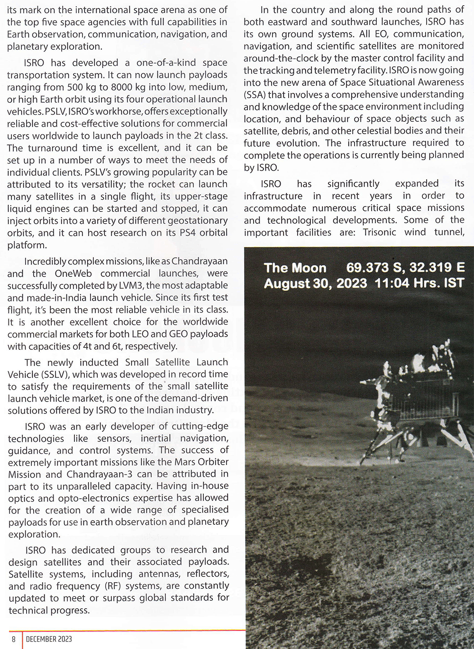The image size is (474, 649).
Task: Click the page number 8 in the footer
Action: (x=14, y=639)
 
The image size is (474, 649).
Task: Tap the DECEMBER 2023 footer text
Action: (x=49, y=639)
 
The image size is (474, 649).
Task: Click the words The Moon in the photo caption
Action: (x=295, y=268)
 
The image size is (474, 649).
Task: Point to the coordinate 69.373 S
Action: (x=372, y=267)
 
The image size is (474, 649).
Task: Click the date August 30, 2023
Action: (x=315, y=283)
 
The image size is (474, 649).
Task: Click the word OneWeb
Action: (x=73, y=274)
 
